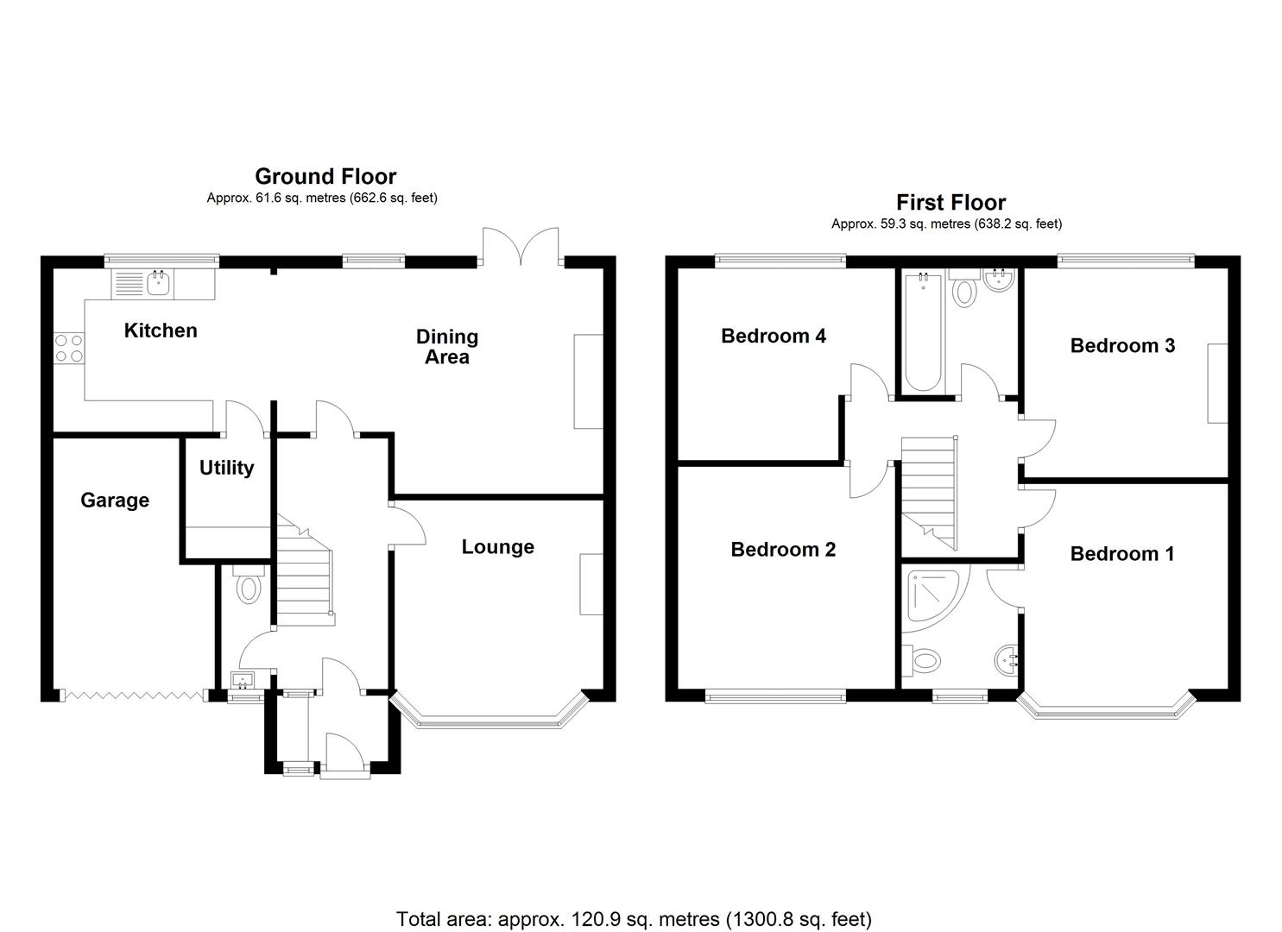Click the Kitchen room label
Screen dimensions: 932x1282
click(x=161, y=331)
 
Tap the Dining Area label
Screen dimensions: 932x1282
click(x=446, y=347)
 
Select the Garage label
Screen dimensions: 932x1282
click(x=115, y=501)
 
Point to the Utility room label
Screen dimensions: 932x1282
click(x=226, y=468)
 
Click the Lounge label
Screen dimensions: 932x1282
click(x=497, y=547)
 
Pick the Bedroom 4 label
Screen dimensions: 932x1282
click(x=773, y=336)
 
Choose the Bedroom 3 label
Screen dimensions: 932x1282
click(x=1121, y=346)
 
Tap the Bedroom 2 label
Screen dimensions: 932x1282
click(x=782, y=550)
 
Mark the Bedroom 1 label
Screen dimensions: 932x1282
click(x=1121, y=554)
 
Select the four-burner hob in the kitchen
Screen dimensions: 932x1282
click(x=69, y=348)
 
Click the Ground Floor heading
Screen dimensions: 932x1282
click(x=325, y=177)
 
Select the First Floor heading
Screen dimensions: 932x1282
click(x=950, y=203)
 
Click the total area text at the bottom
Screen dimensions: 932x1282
click(x=634, y=918)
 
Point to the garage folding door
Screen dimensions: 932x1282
click(x=134, y=695)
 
